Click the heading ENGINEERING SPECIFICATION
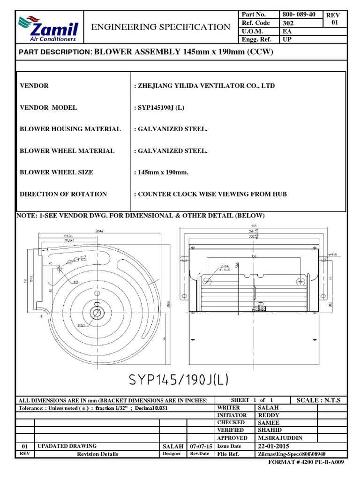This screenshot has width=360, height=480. tap(161, 27)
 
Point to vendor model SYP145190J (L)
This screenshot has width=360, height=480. tap(159, 107)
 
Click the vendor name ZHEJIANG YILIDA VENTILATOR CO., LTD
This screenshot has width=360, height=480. tap(204, 86)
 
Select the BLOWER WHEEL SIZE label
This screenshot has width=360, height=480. tap(56, 172)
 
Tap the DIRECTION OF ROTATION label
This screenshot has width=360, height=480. tap(63, 194)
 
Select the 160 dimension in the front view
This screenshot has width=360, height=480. tap(254, 257)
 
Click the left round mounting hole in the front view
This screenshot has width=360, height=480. tap(206, 281)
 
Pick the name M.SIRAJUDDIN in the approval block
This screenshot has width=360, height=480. tap(280, 437)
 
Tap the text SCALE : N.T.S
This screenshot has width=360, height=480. tap(318, 400)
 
